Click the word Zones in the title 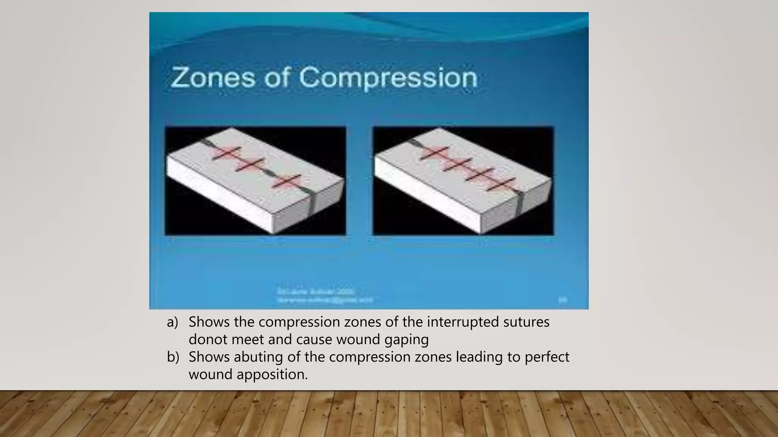(x=213, y=77)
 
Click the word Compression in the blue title (x=387, y=78)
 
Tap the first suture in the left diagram (x=226, y=153)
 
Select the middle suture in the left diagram (x=250, y=165)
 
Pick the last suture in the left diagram (x=287, y=182)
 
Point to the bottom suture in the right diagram (x=501, y=184)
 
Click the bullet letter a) (x=172, y=322)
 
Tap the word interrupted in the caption (x=463, y=322)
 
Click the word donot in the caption (x=208, y=340)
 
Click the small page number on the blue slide (x=563, y=300)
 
